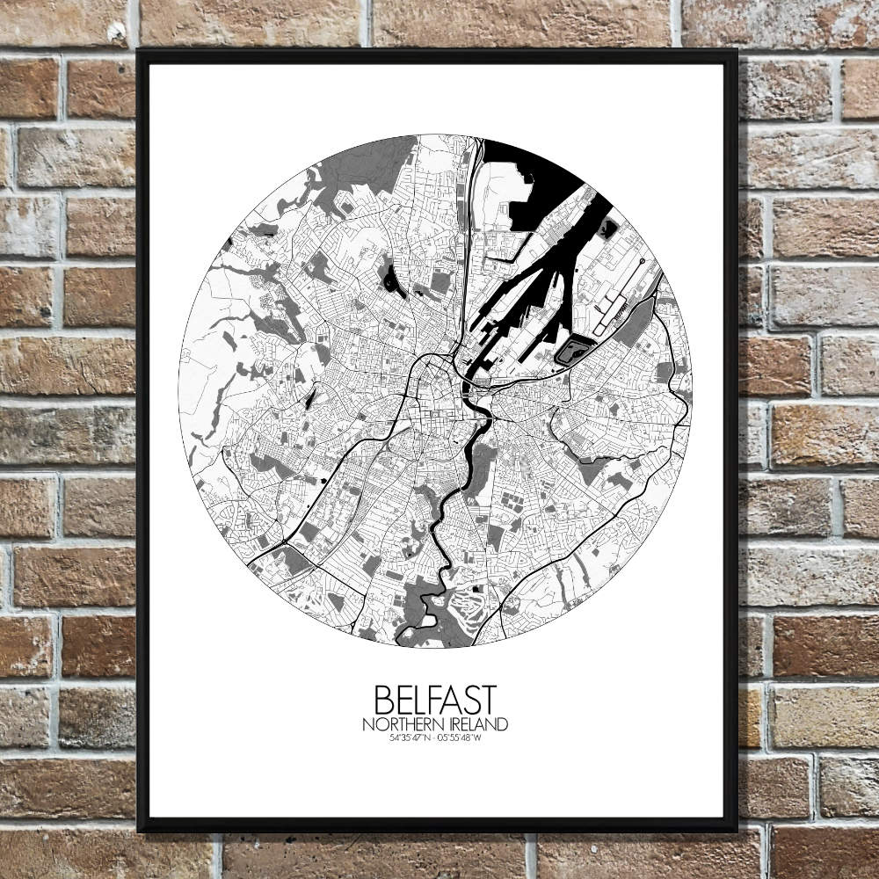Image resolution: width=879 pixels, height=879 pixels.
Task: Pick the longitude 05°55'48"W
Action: click(462, 738)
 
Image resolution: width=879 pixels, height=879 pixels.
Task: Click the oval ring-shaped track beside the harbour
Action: click(575, 351)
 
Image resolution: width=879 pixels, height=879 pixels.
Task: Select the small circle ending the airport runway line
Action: click(643, 262)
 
